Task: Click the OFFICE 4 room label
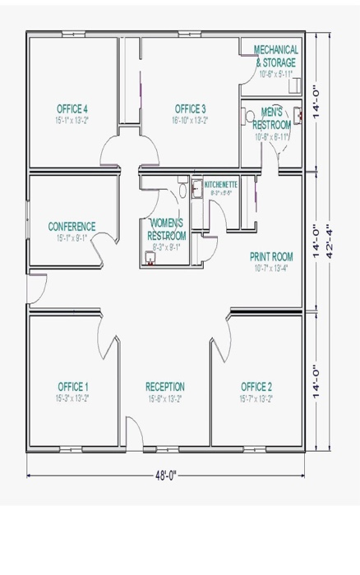[72, 108]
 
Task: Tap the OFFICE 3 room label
[190, 108]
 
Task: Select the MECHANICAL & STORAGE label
[276, 56]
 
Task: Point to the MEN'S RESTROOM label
[272, 118]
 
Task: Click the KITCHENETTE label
[220, 185]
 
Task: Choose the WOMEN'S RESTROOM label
[167, 229]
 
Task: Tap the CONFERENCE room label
[72, 227]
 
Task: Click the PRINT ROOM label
[271, 256]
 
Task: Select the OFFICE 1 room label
[73, 386]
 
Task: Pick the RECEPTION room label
[165, 386]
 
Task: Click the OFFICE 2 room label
[256, 386]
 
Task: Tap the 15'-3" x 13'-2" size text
[73, 398]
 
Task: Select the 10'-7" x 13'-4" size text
[271, 267]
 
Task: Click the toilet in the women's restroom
[182, 191]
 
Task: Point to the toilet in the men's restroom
[251, 117]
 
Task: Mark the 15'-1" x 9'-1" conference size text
[72, 237]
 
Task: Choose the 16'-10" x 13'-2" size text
[190, 120]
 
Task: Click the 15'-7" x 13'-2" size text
[256, 398]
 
